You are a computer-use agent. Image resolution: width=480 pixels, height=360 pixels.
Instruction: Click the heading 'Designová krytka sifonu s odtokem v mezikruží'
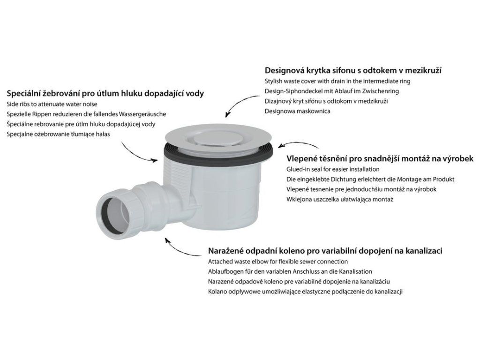(x=353, y=71)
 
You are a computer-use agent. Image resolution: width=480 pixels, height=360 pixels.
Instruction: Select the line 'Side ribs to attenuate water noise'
(x=52, y=104)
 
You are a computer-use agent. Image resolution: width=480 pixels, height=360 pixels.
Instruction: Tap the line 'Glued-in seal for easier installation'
(x=333, y=169)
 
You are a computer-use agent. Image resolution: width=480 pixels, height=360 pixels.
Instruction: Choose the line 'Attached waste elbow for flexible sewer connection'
(x=278, y=262)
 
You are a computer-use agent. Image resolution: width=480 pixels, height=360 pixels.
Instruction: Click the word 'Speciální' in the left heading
(x=24, y=94)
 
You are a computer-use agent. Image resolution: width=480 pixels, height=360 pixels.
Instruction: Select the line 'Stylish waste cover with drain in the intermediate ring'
(x=337, y=82)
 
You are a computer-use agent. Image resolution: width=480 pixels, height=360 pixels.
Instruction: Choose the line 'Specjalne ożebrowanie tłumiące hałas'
(x=58, y=134)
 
